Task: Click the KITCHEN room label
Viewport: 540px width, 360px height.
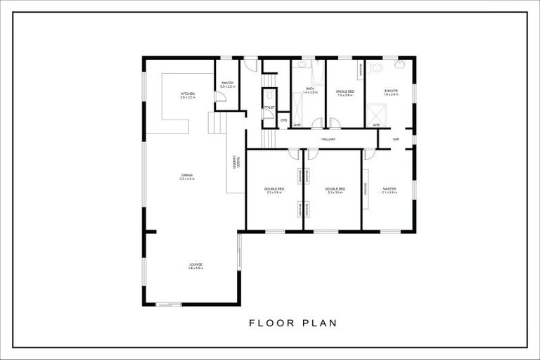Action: [188, 94]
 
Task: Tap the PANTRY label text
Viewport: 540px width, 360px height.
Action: [227, 84]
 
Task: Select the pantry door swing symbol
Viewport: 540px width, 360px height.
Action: [221, 98]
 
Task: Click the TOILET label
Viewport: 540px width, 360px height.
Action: [269, 107]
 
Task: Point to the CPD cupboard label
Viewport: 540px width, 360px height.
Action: [283, 120]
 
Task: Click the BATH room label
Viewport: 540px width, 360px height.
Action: [310, 89]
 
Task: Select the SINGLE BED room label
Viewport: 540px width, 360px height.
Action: [344, 91]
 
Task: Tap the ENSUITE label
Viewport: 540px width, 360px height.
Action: [391, 91]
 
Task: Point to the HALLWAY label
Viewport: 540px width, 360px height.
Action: [328, 139]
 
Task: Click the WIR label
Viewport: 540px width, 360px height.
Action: [396, 139]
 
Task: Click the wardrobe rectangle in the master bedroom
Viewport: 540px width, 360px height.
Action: [366, 189]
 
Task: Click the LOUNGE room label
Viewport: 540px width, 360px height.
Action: [195, 264]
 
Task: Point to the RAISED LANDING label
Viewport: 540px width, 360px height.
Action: [236, 163]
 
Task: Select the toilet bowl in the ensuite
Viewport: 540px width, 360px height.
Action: [375, 67]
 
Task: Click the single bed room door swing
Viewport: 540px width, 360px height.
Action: [335, 123]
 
